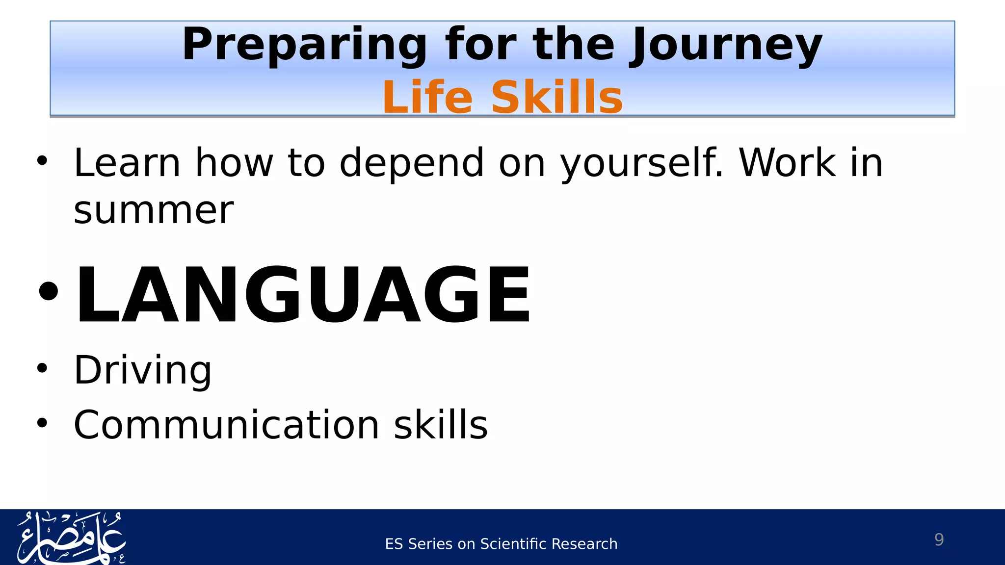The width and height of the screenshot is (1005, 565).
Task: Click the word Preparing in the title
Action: pos(304,45)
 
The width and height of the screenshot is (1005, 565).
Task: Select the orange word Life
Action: pos(427,97)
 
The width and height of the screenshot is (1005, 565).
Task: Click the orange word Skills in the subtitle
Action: pos(556,97)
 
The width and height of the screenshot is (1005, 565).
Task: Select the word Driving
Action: pos(142,370)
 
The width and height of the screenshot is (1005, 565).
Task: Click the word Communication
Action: pos(226,425)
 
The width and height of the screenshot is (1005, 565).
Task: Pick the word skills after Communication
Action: pos(441,425)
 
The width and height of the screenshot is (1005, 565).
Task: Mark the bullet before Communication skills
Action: pos(42,422)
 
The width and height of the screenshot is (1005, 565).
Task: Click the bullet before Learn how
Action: pos(42,160)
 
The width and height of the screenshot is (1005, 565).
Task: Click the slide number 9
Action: pos(939,539)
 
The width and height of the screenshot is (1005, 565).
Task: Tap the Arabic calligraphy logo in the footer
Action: pos(71,538)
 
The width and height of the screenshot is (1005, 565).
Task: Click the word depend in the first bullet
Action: pos(412,164)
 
